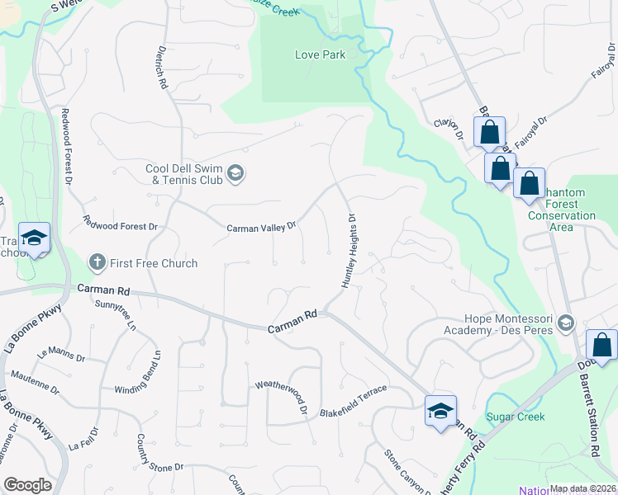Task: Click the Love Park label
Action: [x=320, y=55]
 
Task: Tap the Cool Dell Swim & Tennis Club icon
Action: [x=235, y=172]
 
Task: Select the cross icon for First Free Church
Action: [x=97, y=263]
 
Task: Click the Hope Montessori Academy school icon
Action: [x=565, y=321]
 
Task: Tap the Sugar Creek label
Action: [x=515, y=417]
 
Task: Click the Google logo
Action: [x=28, y=485]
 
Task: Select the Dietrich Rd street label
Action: [x=161, y=68]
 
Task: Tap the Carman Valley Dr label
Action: [x=262, y=226]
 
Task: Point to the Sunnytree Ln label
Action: [x=114, y=314]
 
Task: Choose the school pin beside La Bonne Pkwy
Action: [x=34, y=239]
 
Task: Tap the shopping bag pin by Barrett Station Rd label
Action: [x=602, y=346]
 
